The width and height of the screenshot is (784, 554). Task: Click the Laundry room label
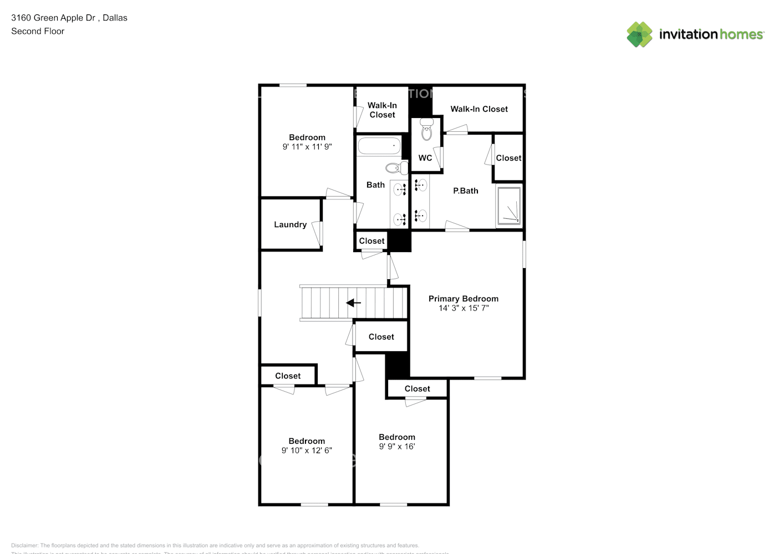click(290, 224)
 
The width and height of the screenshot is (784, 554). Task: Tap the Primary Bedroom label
click(463, 299)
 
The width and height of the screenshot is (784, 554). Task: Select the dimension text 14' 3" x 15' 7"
click(464, 308)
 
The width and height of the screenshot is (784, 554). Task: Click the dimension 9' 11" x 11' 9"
click(307, 147)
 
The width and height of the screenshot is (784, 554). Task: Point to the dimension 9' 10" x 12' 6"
click(307, 450)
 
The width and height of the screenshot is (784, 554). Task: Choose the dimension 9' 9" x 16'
click(397, 447)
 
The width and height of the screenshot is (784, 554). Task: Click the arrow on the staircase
click(353, 303)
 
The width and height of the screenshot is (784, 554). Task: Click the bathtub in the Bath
click(379, 146)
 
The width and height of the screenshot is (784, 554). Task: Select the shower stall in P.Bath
click(508, 206)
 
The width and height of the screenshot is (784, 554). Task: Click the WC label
click(425, 158)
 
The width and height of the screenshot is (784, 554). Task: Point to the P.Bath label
click(465, 191)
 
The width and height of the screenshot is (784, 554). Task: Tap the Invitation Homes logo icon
click(639, 34)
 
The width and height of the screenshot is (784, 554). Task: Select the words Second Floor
click(38, 31)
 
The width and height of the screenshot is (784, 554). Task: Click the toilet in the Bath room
click(396, 167)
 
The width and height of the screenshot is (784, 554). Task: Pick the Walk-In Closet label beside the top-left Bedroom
click(382, 110)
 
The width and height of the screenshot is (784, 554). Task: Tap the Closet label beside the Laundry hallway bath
click(371, 241)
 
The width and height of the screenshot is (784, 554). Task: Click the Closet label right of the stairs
click(381, 337)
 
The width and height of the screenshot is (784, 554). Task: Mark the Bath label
click(375, 185)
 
